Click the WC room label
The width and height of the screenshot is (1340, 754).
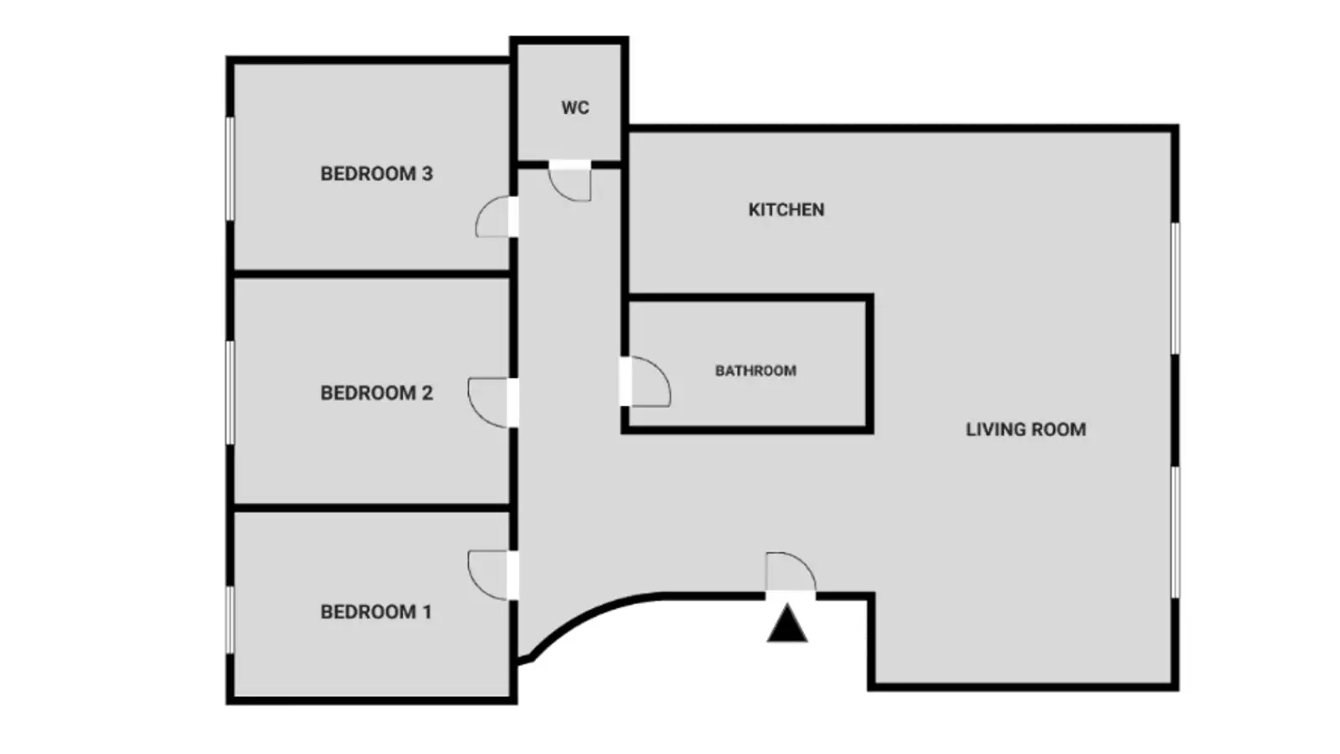pos(575,108)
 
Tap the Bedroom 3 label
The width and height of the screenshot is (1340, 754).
pos(376,173)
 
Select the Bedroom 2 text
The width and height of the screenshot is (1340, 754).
pos(376,393)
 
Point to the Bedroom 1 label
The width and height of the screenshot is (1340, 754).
pos(376,612)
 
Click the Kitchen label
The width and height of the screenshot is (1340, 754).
pos(786,209)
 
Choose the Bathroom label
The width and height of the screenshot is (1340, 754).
pos(755,371)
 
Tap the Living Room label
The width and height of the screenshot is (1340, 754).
pos(1026,430)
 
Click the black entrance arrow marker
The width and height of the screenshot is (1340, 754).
pos(787,623)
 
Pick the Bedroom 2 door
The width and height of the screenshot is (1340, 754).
pos(487,403)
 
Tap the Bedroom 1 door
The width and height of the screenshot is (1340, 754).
pos(487,575)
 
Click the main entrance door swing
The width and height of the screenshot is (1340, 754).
pos(791,571)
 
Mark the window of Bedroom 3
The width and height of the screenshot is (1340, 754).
pos(229,168)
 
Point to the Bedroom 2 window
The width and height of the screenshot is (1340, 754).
pos(229,393)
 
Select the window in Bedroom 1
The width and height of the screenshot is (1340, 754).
pos(229,620)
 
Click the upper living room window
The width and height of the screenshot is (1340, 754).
pos(1176,288)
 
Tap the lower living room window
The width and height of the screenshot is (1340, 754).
pos(1176,532)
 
